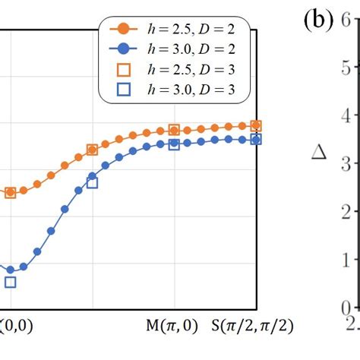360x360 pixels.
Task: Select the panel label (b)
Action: [x=317, y=21]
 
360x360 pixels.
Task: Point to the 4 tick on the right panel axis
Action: [x=346, y=116]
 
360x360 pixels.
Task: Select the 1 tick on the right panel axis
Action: [x=346, y=260]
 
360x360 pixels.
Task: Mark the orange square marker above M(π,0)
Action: [x=174, y=131]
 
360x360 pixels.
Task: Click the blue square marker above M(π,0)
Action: [x=174, y=144]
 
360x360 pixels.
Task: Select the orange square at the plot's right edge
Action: [x=256, y=125]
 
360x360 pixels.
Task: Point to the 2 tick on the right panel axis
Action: [x=346, y=212]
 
